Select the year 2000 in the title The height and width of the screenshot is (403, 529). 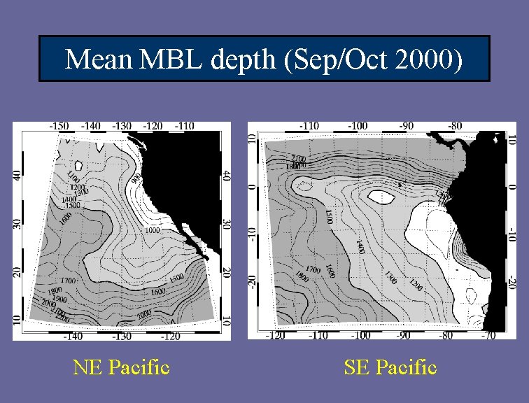coord(428,60)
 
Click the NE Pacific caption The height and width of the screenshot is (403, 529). coord(121,367)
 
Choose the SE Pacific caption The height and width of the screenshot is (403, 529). coord(390,367)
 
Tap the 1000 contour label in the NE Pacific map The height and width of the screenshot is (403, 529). coord(154,229)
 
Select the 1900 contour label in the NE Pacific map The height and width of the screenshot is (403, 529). coord(56,297)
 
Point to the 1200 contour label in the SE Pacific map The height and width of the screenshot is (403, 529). coord(416,285)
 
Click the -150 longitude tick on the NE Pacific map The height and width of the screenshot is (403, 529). coord(60,126)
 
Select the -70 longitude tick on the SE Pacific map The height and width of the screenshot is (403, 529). coord(489,335)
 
